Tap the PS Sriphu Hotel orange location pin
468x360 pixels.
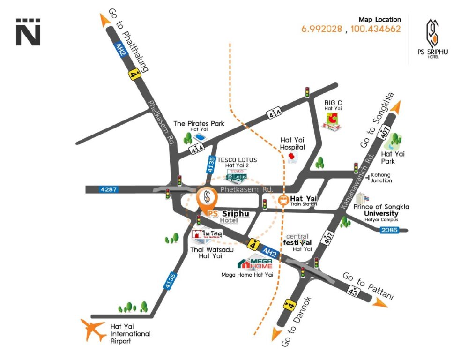(207, 199)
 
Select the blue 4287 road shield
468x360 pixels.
(109, 189)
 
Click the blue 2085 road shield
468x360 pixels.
(389, 230)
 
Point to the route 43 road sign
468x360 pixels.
(353, 291)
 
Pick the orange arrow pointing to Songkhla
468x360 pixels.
(395, 107)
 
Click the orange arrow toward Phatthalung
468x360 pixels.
(105, 20)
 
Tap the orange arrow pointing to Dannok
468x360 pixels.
(276, 334)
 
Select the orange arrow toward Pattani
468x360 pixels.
(379, 303)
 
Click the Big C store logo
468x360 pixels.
(332, 122)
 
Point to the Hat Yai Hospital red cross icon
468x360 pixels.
(292, 157)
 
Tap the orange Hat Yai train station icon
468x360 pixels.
(283, 200)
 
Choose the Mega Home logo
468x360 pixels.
(255, 263)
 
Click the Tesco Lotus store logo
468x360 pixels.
(237, 176)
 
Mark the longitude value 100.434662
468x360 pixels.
(375, 29)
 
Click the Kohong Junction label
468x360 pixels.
(381, 178)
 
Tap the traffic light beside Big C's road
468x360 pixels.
(307, 92)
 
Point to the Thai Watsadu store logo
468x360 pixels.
(207, 234)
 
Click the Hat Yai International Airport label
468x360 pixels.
(130, 334)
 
